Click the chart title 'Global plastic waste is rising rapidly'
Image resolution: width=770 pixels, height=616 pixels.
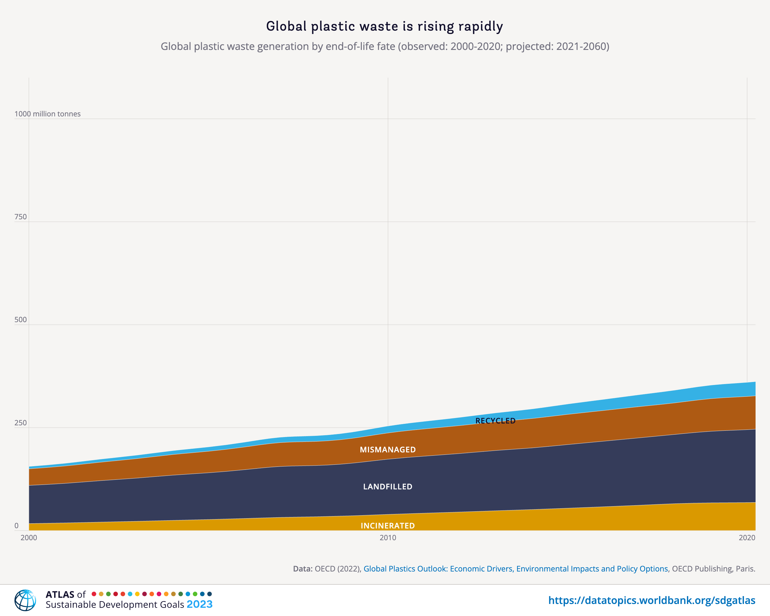tap(385, 26)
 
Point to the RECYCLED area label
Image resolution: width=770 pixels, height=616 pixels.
tap(495, 421)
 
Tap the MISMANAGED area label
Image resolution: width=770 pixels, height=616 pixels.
tap(387, 450)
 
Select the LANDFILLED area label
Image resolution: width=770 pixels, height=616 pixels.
tap(387, 486)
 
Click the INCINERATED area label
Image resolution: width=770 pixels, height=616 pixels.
tap(387, 526)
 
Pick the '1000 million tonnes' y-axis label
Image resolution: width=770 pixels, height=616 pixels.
tap(48, 114)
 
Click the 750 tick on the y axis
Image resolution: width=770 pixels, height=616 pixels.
tap(20, 217)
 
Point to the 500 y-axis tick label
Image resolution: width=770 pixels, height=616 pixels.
tap(20, 320)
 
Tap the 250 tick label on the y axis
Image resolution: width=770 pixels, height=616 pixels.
tap(20, 423)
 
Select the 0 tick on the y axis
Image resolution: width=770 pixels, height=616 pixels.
tap(17, 526)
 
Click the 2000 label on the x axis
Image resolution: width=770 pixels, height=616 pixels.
tap(29, 538)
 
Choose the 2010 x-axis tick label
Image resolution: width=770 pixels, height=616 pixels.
tap(388, 538)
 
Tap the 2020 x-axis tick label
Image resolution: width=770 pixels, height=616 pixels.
tap(747, 538)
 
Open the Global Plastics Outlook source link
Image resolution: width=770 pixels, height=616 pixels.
tap(515, 569)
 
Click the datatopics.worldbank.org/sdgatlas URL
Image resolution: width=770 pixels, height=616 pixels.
tap(652, 600)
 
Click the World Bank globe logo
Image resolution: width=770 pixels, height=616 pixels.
tap(25, 600)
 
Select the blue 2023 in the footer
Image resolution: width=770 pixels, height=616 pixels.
tap(199, 604)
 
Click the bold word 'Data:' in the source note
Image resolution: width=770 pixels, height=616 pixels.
tap(303, 569)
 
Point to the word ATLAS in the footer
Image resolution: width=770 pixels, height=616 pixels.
tap(60, 595)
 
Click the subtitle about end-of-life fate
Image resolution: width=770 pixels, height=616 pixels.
tap(385, 46)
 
